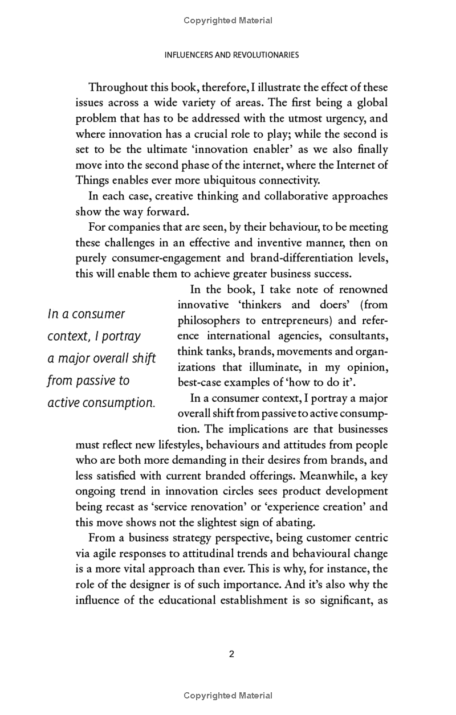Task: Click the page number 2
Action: coord(231,654)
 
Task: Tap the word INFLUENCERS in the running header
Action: coord(189,55)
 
